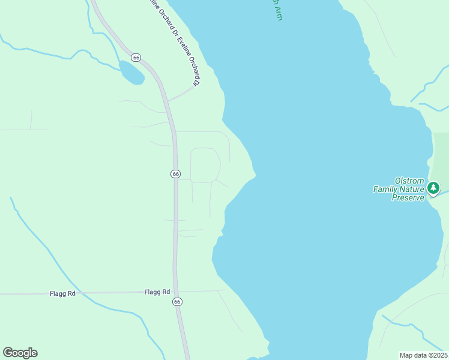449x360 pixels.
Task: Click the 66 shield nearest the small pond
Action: (x=137, y=58)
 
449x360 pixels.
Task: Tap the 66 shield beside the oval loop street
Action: (x=175, y=173)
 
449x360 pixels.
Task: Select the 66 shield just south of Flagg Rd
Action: (x=177, y=302)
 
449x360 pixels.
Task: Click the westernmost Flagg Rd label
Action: (x=63, y=293)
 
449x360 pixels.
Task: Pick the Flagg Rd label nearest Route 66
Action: (x=157, y=292)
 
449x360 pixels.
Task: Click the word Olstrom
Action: (x=409, y=181)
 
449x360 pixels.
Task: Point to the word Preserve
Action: (x=408, y=197)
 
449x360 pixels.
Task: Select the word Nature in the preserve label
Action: (x=414, y=189)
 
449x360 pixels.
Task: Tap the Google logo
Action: (x=20, y=353)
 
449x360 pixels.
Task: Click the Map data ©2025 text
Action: (x=423, y=355)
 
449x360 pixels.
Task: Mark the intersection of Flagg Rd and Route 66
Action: (x=176, y=292)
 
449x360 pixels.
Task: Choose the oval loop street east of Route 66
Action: (x=205, y=164)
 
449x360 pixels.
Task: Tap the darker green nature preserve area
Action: (x=441, y=156)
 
